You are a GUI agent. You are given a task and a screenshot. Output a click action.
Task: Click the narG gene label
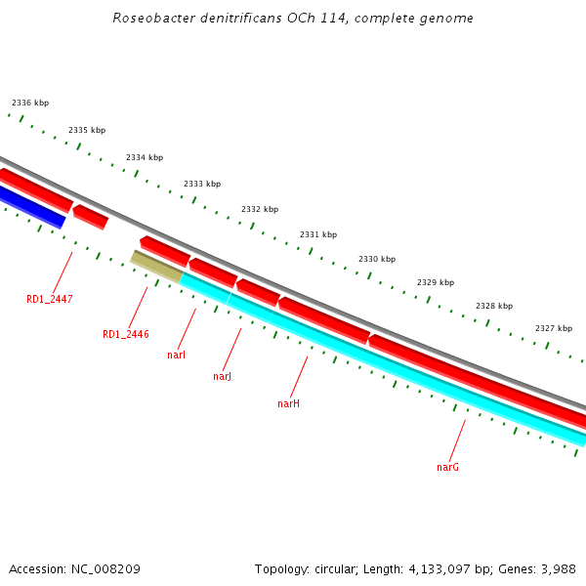pyautogui.click(x=447, y=467)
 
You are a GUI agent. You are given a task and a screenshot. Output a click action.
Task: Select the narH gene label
pyautogui.click(x=288, y=402)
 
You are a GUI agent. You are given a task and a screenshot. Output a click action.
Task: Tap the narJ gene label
pyautogui.click(x=223, y=376)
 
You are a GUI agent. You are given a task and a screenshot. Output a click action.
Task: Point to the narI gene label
pyautogui.click(x=177, y=355)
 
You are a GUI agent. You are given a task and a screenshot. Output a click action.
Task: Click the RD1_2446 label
pyautogui.click(x=126, y=334)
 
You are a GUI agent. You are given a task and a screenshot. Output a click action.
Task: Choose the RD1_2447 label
pyautogui.click(x=50, y=299)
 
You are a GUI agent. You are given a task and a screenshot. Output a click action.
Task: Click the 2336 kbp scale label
pyautogui.click(x=30, y=103)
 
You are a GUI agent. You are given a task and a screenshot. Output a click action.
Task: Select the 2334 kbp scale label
pyautogui.click(x=145, y=157)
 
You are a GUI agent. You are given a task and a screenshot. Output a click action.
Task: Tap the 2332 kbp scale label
pyautogui.click(x=260, y=209)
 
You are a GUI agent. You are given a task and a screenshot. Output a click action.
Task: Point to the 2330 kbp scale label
pyautogui.click(x=377, y=259)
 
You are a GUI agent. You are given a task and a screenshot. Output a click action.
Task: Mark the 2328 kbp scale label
pyautogui.click(x=494, y=306)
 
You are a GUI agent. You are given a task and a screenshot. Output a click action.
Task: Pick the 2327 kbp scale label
pyautogui.click(x=554, y=328)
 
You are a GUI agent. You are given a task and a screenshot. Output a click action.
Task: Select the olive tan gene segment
pyautogui.click(x=156, y=267)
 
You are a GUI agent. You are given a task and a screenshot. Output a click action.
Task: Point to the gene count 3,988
pyautogui.click(x=558, y=568)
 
